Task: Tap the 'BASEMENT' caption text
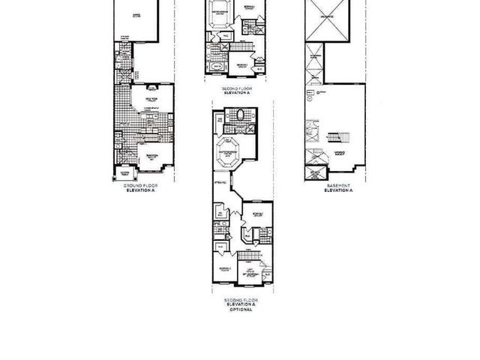(337, 187)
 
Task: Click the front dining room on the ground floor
(151, 158)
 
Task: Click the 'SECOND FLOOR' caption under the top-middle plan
(237, 88)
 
